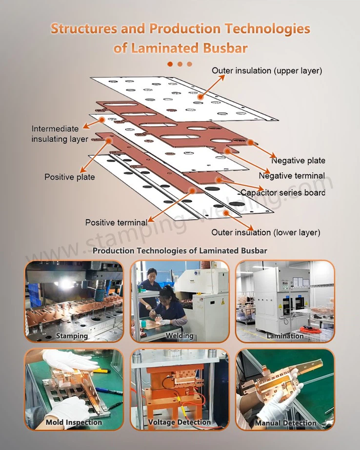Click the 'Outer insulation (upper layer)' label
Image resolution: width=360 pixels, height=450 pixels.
[267, 71]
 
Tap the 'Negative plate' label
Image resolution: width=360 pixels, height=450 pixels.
[298, 161]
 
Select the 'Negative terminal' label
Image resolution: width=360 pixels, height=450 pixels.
[292, 176]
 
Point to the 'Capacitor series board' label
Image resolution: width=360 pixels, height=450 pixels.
[283, 192]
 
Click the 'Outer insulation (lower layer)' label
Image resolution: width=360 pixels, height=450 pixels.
[266, 232]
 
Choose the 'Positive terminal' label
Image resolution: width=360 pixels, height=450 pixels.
[116, 223]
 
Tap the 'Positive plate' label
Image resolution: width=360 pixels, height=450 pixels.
[70, 177]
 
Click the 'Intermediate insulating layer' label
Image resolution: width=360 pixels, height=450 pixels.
[60, 134]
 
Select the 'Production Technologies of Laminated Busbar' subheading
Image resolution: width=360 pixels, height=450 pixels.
[180, 251]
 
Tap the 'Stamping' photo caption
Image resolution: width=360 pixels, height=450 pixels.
[72, 336]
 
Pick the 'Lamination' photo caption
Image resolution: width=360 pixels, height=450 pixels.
[285, 336]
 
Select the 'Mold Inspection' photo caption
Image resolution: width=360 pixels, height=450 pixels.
[74, 422]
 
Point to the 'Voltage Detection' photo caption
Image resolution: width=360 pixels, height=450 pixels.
[180, 422]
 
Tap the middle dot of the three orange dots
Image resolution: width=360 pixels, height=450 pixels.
[180, 63]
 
